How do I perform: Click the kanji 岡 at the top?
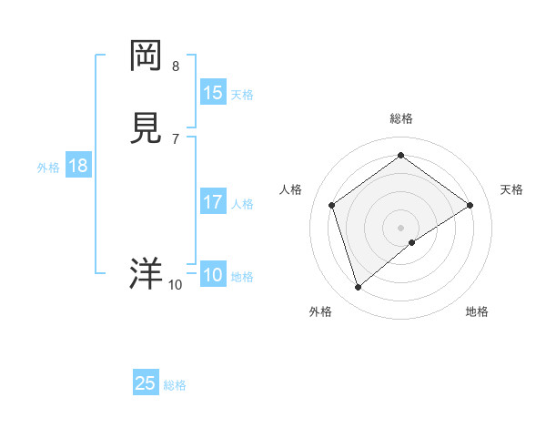coord(146,57)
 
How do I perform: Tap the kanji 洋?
coord(146,273)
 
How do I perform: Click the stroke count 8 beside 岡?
coord(176,66)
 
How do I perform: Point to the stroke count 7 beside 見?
coord(176,138)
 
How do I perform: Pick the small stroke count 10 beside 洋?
coord(175,285)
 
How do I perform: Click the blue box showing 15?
coord(213,93)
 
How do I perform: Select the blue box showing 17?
coord(213,202)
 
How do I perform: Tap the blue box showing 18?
coord(78,166)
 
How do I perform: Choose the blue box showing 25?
coord(146,383)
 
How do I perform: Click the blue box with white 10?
coord(213,275)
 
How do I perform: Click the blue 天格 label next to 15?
coord(242,95)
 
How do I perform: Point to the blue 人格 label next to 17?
coord(242,204)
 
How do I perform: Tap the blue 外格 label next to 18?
coord(48,168)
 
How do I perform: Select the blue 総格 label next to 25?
coord(175,385)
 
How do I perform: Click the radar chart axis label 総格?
coord(401,118)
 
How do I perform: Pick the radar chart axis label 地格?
coord(477,311)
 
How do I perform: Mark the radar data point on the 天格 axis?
coord(470,205)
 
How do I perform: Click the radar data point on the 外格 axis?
coord(359,288)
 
